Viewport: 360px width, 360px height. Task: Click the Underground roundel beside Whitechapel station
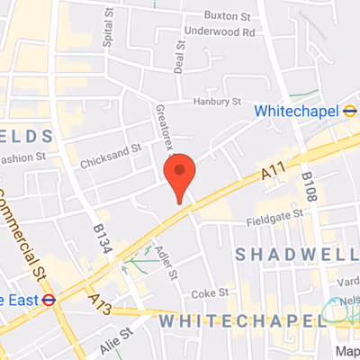(x=350, y=111)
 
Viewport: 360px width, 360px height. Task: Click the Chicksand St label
(x=111, y=160)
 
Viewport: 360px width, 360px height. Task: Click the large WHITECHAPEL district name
(x=238, y=320)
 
